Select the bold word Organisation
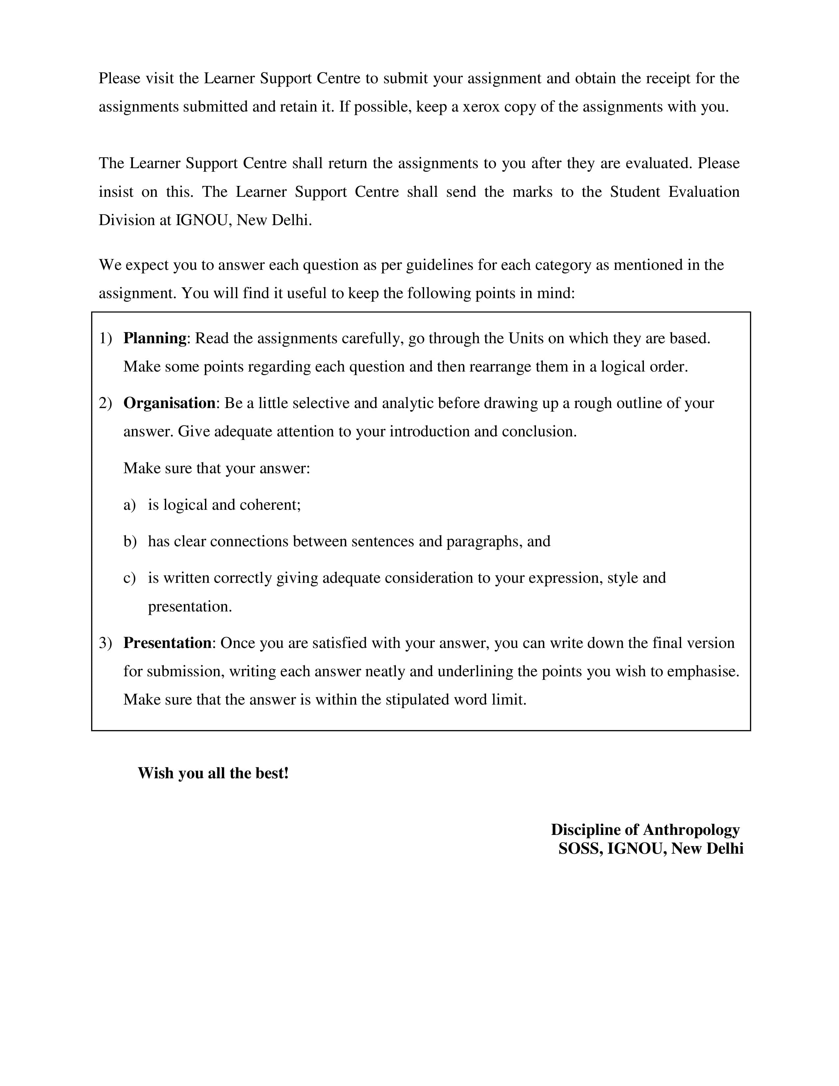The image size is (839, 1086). [169, 403]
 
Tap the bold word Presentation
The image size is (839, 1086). [167, 643]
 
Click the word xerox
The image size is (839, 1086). [481, 107]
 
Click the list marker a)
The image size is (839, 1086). [129, 505]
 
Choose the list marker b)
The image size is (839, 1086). [130, 541]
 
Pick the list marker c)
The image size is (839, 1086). [129, 578]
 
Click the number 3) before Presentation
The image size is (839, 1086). [105, 643]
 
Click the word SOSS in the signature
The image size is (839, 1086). [580, 849]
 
